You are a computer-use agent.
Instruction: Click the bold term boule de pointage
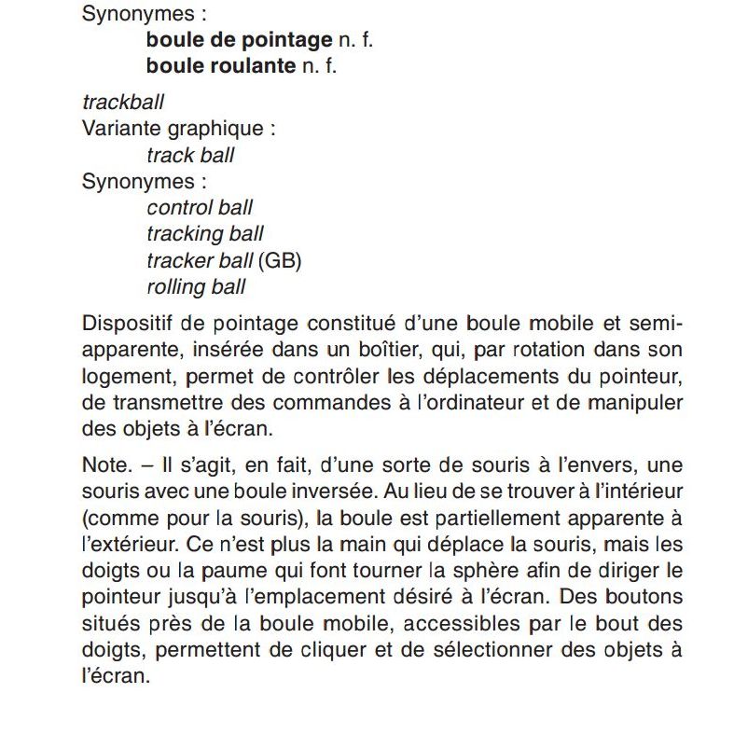pyautogui.click(x=239, y=39)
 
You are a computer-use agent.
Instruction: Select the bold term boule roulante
pyautogui.click(x=220, y=66)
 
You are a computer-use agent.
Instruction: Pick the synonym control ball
pyautogui.click(x=200, y=208)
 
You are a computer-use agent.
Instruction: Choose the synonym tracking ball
pyautogui.click(x=205, y=234)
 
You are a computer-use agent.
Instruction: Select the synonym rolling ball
pyautogui.click(x=196, y=287)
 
